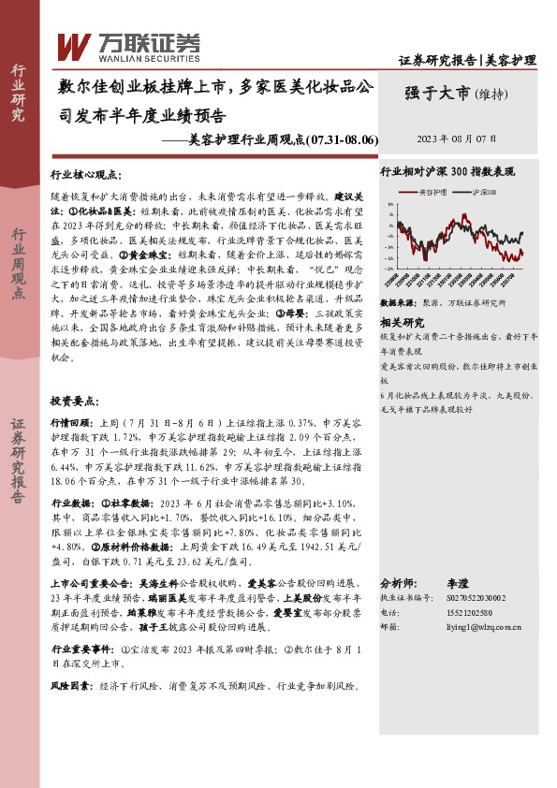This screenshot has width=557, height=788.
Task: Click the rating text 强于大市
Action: [438, 93]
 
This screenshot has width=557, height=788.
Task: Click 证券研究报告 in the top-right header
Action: [437, 61]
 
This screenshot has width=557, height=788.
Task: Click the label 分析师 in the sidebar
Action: [397, 581]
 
